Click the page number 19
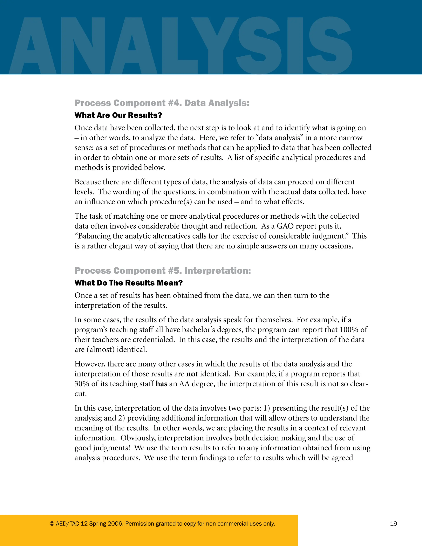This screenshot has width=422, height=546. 393,524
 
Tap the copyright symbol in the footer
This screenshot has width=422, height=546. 52,524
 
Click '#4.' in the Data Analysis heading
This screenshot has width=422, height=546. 175,103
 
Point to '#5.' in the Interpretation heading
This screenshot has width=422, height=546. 175,271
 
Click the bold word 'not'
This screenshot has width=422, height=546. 192,374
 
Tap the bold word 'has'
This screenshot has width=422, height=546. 161,384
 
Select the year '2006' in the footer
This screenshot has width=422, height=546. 115,524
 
